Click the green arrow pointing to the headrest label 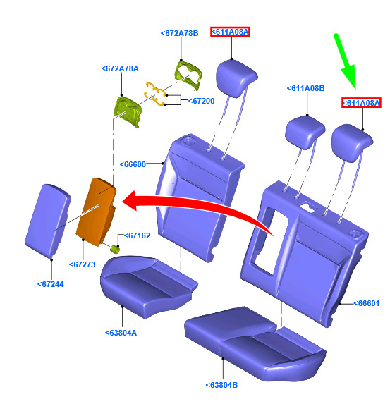click(x=345, y=61)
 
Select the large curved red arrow click(x=196, y=204)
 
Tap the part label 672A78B click(x=179, y=33)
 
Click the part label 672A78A click(x=120, y=68)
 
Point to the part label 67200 click(x=201, y=101)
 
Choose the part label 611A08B click(x=305, y=88)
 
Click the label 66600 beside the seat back click(x=133, y=164)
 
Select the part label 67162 click(x=137, y=235)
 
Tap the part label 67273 click(x=83, y=264)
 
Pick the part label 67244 click(x=51, y=284)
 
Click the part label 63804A click(x=121, y=333)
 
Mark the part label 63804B click(x=221, y=385)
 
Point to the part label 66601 click(x=367, y=303)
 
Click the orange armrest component click(x=96, y=212)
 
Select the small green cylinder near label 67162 click(x=115, y=250)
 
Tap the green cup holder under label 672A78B click(x=188, y=75)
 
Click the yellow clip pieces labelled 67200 click(x=156, y=94)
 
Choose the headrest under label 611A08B click(x=305, y=132)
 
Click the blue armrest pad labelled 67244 click(x=48, y=221)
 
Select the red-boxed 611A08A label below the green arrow click(x=361, y=103)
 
